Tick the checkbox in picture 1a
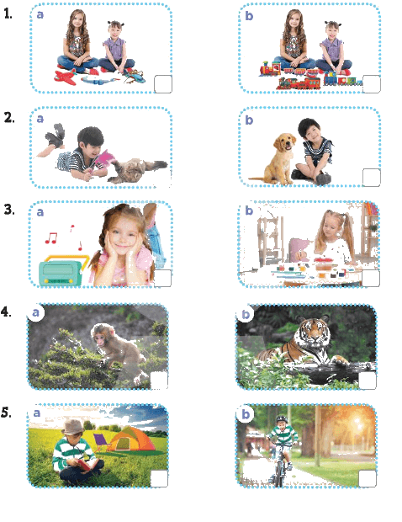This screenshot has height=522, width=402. pyautogui.click(x=163, y=84)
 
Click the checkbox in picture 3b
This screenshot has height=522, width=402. pyautogui.click(x=371, y=278)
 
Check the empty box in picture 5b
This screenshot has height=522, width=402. pyautogui.click(x=368, y=479)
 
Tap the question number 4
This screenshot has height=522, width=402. pyautogui.click(x=6, y=312)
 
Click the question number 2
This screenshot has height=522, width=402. pyautogui.click(x=9, y=118)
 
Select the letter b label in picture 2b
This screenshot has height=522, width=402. pyautogui.click(x=249, y=120)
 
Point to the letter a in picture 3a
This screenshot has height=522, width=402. pyautogui.click(x=40, y=212)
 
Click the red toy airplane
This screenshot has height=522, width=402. pyautogui.click(x=66, y=77)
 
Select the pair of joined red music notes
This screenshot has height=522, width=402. pyautogui.click(x=50, y=238)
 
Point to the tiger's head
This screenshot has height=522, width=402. pyautogui.click(x=313, y=330)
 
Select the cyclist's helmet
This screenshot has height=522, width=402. pyautogui.click(x=282, y=418)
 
